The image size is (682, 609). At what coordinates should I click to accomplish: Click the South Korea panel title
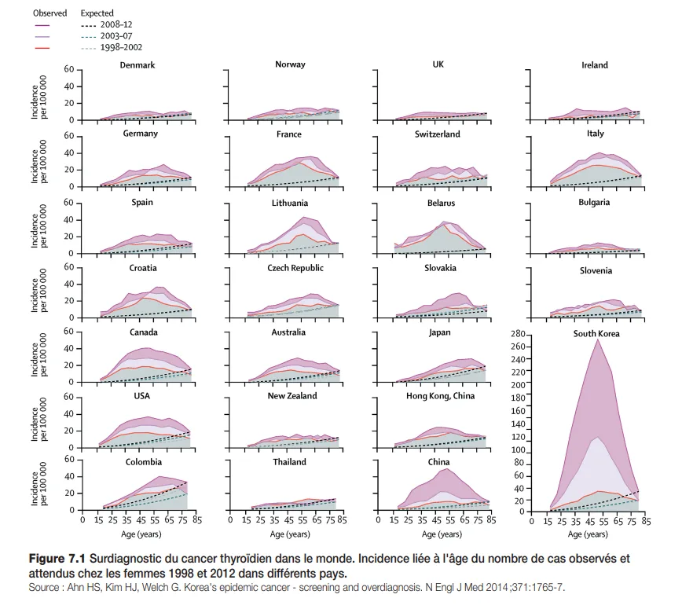point(596,333)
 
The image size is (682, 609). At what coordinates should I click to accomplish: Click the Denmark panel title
point(137,64)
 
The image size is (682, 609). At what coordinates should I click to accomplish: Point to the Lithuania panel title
point(289,203)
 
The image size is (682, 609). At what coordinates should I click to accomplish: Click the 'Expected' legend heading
point(97,13)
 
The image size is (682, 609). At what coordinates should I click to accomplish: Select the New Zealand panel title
point(292,396)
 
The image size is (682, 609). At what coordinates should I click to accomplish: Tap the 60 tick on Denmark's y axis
point(69,69)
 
